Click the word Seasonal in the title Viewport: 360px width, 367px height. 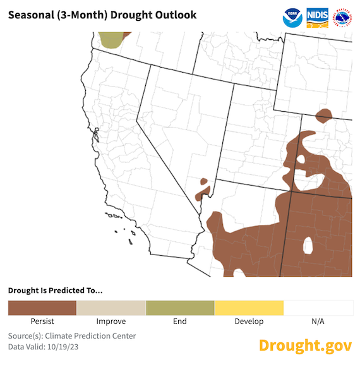pyautogui.click(x=31, y=15)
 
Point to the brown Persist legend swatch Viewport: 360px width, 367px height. pyautogui.click(x=42, y=308)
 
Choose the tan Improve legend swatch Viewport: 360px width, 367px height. pyautogui.click(x=111, y=308)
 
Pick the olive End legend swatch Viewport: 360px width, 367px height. pyautogui.click(x=179, y=308)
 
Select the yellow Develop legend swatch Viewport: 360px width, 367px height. pyautogui.click(x=249, y=308)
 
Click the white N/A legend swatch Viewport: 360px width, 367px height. pyautogui.click(x=318, y=308)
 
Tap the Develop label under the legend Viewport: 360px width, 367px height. pyautogui.click(x=249, y=322)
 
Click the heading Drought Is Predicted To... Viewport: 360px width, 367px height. pyautogui.click(x=55, y=291)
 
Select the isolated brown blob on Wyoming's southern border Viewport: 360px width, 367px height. pyautogui.click(x=323, y=116)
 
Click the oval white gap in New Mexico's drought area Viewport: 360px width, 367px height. pyautogui.click(x=309, y=244)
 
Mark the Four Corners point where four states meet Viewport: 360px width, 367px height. pyautogui.click(x=289, y=192)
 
